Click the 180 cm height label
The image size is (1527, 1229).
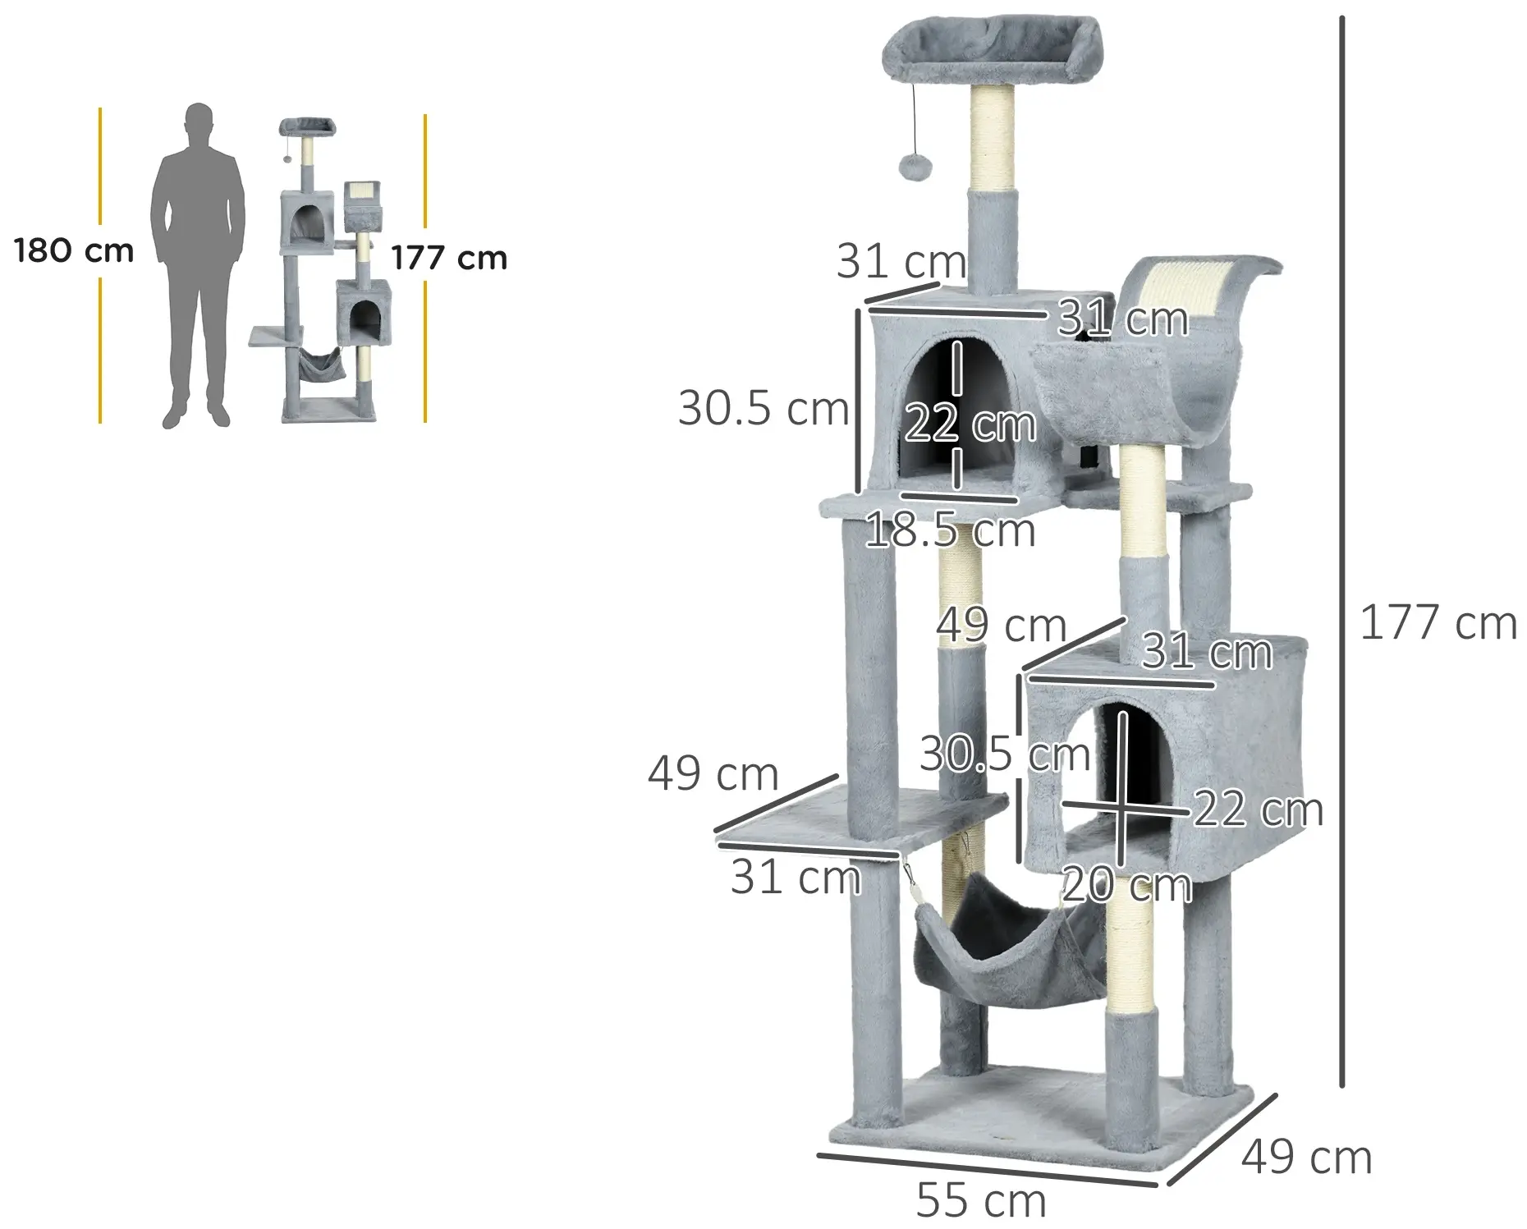[x=74, y=250]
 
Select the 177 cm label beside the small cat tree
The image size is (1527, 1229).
[x=449, y=258]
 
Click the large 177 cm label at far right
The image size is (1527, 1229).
[x=1438, y=622]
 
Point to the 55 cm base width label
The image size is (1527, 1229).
[x=981, y=1201]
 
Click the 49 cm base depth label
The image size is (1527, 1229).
[x=1306, y=1158]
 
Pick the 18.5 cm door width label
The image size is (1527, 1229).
[x=951, y=530]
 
